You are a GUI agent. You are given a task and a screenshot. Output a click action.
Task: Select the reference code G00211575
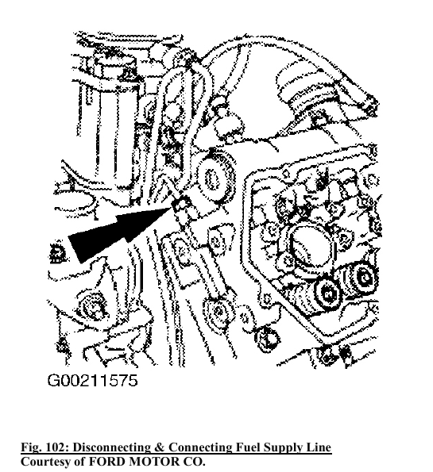click(x=93, y=380)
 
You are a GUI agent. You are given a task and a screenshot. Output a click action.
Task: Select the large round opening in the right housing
click(x=311, y=245)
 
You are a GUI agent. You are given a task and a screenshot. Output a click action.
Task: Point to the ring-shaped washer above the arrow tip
click(x=214, y=178)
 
